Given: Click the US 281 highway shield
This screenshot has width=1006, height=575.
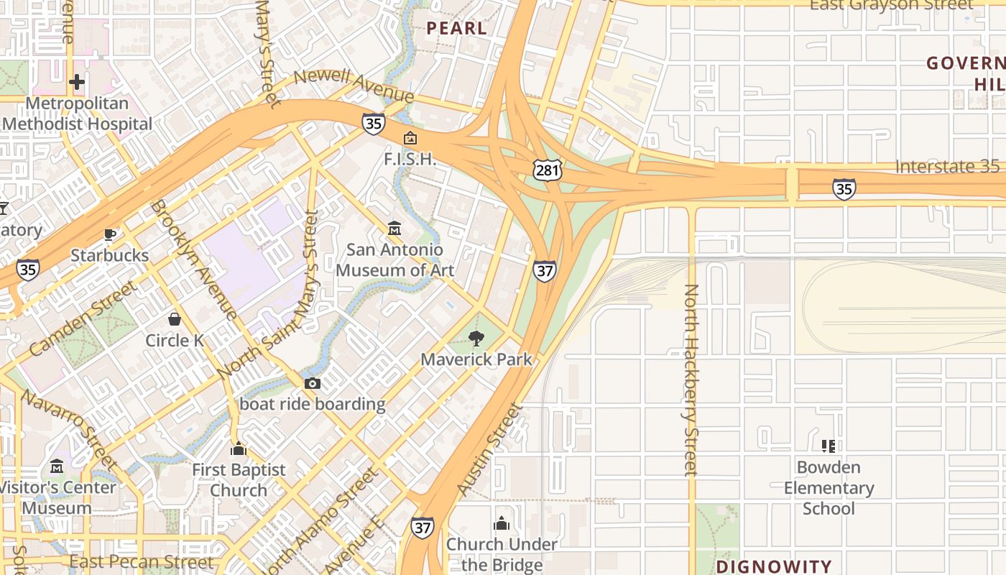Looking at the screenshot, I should [x=548, y=170].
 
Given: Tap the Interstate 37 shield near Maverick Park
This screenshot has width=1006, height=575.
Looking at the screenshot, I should [x=545, y=271].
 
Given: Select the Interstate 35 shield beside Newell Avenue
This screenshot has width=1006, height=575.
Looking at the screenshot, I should [x=373, y=124].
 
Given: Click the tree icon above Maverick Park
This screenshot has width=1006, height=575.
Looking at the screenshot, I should [x=476, y=338].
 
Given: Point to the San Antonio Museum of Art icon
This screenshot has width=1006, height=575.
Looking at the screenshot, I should [x=394, y=229].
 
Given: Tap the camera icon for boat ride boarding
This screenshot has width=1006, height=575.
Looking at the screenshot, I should [x=312, y=383].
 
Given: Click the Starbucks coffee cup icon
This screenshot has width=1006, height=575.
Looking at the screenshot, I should [x=109, y=234].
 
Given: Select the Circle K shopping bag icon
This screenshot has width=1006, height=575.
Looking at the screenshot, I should [x=175, y=318].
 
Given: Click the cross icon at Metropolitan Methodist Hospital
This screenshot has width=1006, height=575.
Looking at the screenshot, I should [x=77, y=82].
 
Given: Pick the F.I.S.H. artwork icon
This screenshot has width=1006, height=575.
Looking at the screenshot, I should [x=410, y=138].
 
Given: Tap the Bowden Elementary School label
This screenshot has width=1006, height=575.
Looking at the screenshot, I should [x=829, y=488].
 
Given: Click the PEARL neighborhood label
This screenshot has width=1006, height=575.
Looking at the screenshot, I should [x=457, y=29].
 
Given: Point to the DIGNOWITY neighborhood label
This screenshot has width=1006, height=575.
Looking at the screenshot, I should [x=774, y=566].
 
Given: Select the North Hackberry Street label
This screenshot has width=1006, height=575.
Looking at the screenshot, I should [x=691, y=379].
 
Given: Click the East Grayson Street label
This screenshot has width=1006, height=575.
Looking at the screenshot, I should [x=891, y=5].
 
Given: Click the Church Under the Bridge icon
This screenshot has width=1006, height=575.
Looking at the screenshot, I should [x=502, y=523].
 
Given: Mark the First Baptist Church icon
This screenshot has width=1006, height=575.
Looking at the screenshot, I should [x=239, y=450].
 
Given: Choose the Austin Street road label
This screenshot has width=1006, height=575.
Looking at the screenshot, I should [x=488, y=450].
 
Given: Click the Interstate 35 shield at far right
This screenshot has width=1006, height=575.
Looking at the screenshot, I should [x=844, y=189].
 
